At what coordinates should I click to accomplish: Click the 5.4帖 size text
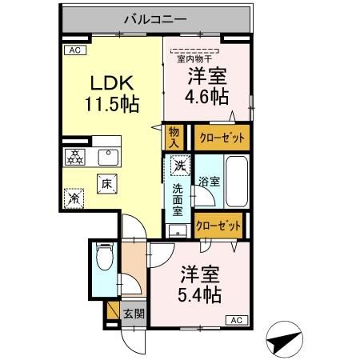click(x=200, y=293)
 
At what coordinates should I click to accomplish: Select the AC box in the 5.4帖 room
click(x=237, y=320)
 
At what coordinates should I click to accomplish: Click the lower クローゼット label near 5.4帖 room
click(x=218, y=226)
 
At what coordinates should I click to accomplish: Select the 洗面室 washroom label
click(x=178, y=200)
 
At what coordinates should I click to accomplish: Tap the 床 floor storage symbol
click(x=106, y=182)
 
